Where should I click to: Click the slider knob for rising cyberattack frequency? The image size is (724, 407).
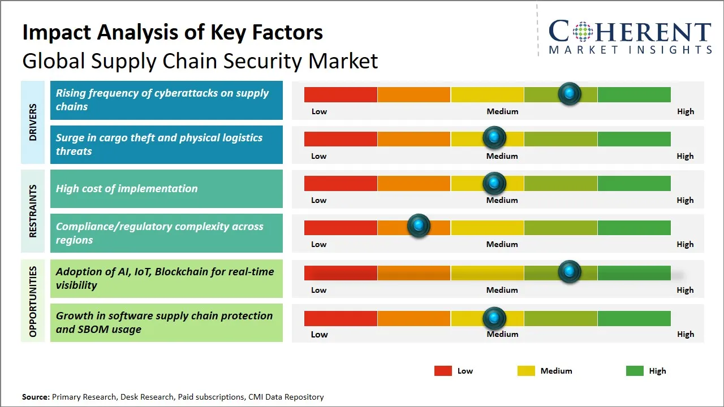pos(570,93)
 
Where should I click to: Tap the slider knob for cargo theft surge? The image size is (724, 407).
pos(494,137)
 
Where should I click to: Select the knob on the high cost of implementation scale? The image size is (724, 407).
pos(494,183)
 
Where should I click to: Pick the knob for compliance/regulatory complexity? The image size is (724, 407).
pos(419,226)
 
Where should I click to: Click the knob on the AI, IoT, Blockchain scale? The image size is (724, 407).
pos(570,271)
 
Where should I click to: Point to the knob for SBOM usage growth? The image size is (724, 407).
pos(494,318)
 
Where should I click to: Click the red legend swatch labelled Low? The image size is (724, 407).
pos(443,371)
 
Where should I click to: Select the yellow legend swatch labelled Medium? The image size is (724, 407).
pos(526,371)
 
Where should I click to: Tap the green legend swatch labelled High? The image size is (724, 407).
pos(635,371)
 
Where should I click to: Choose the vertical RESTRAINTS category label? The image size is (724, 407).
pos(33,210)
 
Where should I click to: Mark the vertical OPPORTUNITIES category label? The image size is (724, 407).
pos(33,301)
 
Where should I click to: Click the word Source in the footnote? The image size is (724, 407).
pos(36,397)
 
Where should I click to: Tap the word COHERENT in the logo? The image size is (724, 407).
pos(630,32)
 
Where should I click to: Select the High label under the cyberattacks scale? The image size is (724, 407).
pos(686,111)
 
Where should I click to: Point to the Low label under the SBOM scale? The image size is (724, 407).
pos(319,334)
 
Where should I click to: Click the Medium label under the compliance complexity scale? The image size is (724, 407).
pos(502,244)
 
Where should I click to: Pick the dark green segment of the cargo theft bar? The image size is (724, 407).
pos(634,138)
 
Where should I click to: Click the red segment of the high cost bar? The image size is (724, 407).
pos(341,183)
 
